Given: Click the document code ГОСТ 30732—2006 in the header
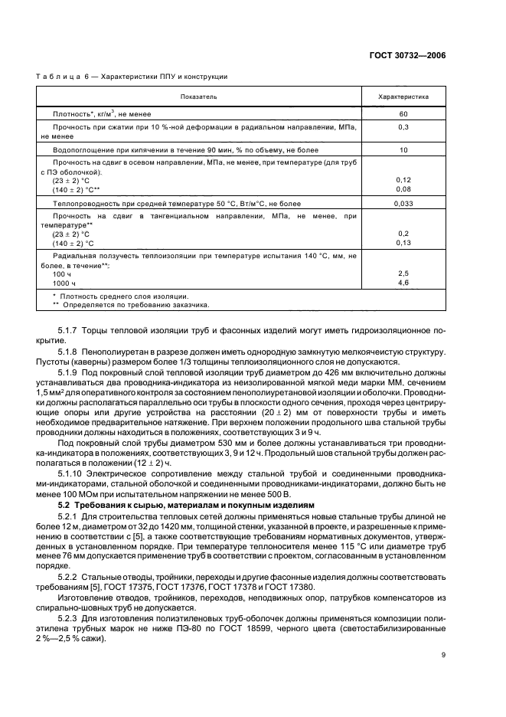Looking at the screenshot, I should pyautogui.click(x=409, y=56).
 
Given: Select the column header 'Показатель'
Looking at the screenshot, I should pyautogui.click(x=199, y=97).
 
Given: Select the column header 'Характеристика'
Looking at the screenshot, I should pyautogui.click(x=403, y=97).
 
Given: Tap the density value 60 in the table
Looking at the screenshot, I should pyautogui.click(x=403, y=113).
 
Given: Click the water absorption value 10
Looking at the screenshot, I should pyautogui.click(x=403, y=150).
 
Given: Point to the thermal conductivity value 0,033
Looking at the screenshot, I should pyautogui.click(x=403, y=204).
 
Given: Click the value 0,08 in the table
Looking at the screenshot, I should pyautogui.click(x=403, y=188).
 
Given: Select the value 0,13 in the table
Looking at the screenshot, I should pyautogui.click(x=403, y=242).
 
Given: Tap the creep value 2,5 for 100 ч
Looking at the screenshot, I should pyautogui.click(x=403, y=273).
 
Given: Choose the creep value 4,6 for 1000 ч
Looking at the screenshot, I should pyautogui.click(x=403, y=283).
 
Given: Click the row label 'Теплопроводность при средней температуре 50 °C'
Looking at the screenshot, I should pyautogui.click(x=176, y=204).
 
